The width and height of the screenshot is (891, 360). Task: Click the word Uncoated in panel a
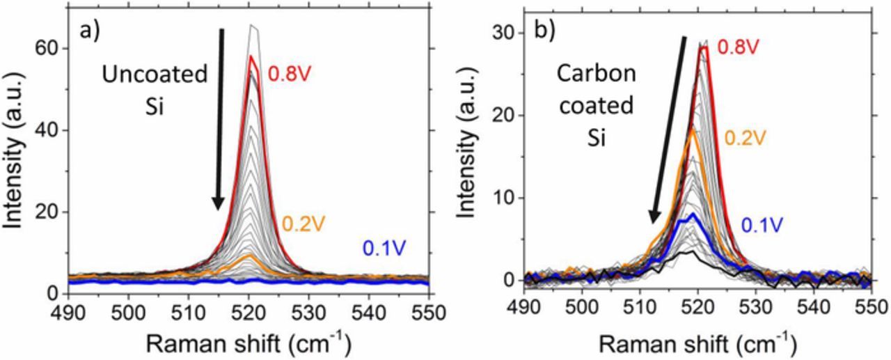[x=155, y=75]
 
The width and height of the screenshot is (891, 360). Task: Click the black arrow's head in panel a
[x=219, y=203]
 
